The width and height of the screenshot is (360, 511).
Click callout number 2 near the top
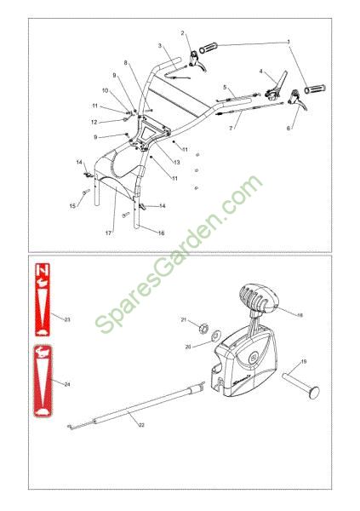[182, 33]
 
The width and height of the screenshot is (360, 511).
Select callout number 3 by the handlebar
[160, 46]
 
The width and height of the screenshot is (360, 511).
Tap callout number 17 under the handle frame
[108, 233]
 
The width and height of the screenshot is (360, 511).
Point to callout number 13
[177, 162]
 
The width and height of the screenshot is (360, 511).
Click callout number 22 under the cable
[141, 425]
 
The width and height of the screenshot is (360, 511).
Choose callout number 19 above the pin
[304, 361]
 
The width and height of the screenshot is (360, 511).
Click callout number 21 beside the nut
[184, 319]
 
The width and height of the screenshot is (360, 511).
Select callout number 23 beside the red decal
[67, 319]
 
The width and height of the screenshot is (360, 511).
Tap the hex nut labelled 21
[203, 327]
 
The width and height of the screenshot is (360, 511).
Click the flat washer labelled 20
[215, 335]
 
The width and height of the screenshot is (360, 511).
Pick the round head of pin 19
[314, 392]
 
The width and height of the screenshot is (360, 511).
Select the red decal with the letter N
[43, 300]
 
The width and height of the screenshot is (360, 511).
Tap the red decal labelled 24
[43, 381]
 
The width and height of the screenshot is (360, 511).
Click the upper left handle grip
[208, 48]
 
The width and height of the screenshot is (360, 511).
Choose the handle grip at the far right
[315, 89]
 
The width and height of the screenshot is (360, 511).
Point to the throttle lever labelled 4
[277, 86]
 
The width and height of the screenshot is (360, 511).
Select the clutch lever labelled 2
[197, 60]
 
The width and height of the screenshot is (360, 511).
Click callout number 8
[126, 63]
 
